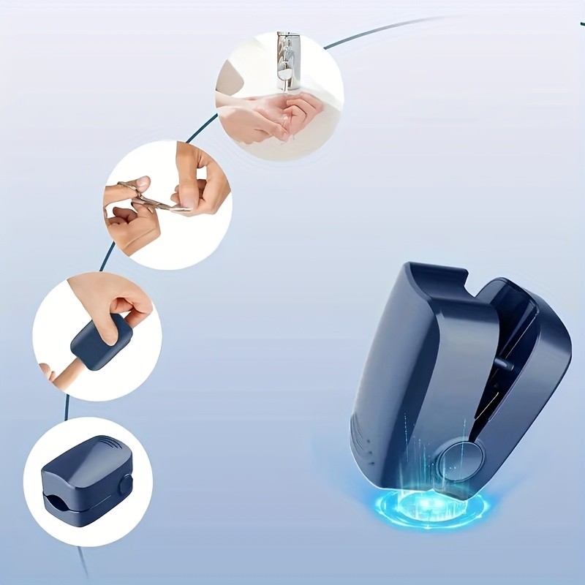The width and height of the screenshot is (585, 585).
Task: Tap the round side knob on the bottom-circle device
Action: tap(126, 484)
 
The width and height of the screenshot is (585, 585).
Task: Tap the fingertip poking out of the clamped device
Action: tap(48, 373)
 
